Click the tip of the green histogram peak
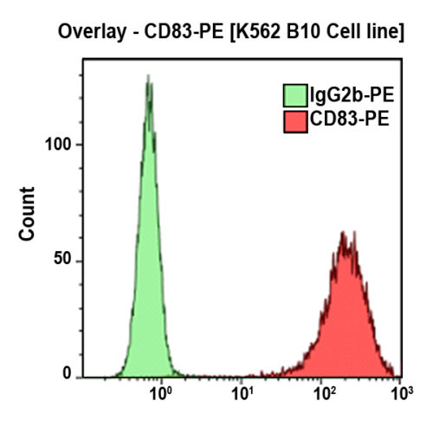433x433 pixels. tap(149, 76)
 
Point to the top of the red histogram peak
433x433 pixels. tap(344, 232)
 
